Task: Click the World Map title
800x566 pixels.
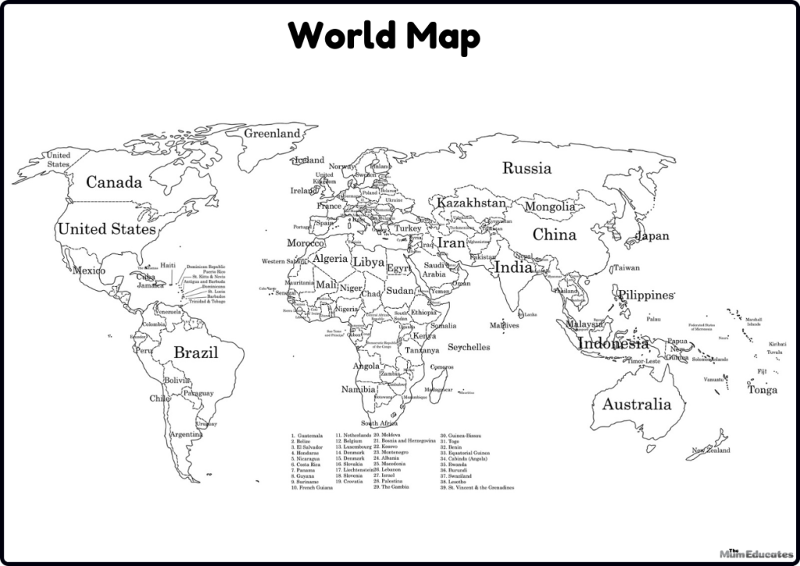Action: [x=383, y=36]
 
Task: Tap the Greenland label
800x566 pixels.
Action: [x=273, y=134]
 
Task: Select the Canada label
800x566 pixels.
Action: [x=114, y=182]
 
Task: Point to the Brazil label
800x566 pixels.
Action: [x=195, y=353]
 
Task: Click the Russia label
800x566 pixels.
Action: [x=527, y=168]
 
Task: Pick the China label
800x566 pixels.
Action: [x=555, y=235]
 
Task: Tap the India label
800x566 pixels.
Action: [x=513, y=267]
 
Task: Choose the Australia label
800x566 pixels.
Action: [x=636, y=404]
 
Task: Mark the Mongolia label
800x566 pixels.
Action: [x=549, y=207]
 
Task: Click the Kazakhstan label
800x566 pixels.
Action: [x=471, y=203]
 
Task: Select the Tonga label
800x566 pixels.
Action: [x=762, y=390]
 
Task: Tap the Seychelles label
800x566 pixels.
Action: [x=469, y=347]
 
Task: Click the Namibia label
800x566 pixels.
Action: [x=359, y=389]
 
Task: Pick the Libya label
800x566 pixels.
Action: [x=369, y=263]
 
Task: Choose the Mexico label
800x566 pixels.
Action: [x=88, y=270]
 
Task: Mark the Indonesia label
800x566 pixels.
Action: [x=613, y=343]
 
